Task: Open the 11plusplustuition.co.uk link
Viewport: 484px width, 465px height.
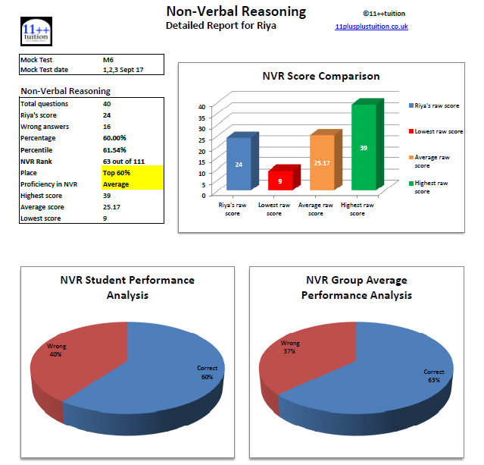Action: (371, 27)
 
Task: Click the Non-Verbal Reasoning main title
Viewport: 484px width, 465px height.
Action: (236, 11)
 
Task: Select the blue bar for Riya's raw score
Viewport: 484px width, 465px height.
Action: (238, 163)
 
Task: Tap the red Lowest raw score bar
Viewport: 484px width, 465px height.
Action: (280, 181)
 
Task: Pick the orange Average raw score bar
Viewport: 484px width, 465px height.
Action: (322, 162)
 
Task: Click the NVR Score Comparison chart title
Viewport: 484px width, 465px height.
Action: (321, 76)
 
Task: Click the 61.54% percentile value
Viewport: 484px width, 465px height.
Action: (115, 150)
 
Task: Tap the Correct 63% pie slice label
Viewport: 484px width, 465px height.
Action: (434, 376)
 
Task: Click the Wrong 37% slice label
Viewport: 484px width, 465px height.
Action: (290, 345)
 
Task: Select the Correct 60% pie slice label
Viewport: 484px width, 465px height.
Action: (207, 372)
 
